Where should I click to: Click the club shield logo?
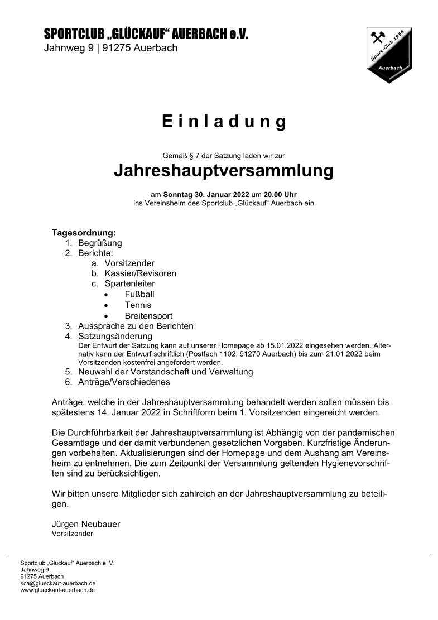pyautogui.click(x=389, y=55)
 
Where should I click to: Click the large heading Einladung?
pyautogui.click(x=224, y=122)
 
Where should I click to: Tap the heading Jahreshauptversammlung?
pyautogui.click(x=224, y=170)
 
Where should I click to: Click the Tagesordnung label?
pyautogui.click(x=84, y=232)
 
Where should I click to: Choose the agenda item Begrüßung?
pyautogui.click(x=100, y=243)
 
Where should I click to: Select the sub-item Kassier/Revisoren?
pyautogui.click(x=140, y=273)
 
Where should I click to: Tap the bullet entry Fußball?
pyautogui.click(x=139, y=294)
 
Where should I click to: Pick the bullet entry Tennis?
pyautogui.click(x=138, y=305)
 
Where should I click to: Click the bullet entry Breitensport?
pyautogui.click(x=148, y=315)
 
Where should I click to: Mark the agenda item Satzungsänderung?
pyautogui.click(x=115, y=336)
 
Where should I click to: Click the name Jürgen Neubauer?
pyautogui.click(x=85, y=524)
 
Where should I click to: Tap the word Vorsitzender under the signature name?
pyautogui.click(x=72, y=534)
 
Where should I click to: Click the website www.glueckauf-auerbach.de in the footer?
pyautogui.click(x=57, y=590)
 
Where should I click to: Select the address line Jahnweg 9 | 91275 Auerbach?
pyautogui.click(x=110, y=48)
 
